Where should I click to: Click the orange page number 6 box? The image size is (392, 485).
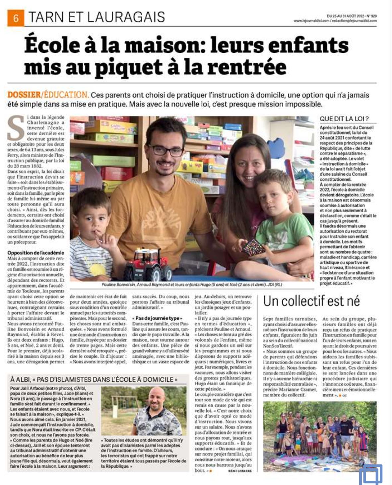tap(16, 18)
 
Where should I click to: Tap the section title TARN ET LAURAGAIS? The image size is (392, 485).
tap(97, 17)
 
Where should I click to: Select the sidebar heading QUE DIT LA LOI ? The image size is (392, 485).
tap(344, 119)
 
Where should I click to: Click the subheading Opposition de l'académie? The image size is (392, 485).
tap(36, 253)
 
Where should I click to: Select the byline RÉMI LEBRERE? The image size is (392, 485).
tap(240, 471)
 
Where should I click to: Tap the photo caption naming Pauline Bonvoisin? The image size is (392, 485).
tap(192, 285)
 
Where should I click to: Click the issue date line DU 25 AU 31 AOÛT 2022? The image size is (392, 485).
tap(352, 16)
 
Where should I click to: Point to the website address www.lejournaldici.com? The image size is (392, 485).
tap(311, 21)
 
